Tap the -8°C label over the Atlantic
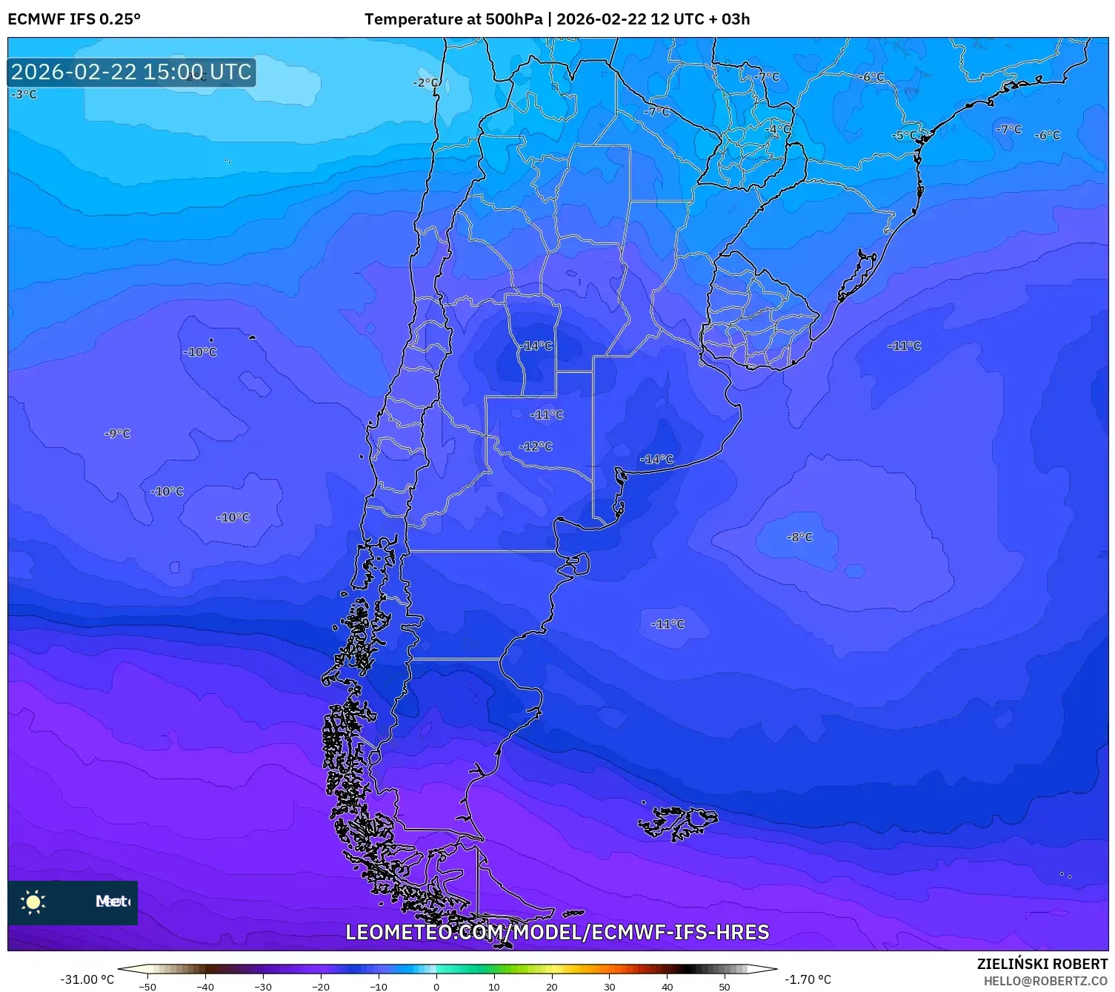click(x=799, y=537)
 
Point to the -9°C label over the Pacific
click(x=117, y=433)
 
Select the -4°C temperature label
click(x=778, y=129)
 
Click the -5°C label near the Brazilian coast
click(x=904, y=136)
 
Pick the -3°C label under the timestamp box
click(x=24, y=94)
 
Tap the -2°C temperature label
click(x=425, y=82)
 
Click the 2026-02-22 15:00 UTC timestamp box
click(x=131, y=72)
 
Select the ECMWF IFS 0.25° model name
click(x=74, y=19)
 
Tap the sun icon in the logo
click(x=33, y=902)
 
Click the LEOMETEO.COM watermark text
click(x=557, y=932)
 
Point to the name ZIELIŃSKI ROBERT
click(x=1042, y=964)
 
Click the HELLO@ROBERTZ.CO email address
click(x=1045, y=981)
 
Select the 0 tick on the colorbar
click(x=436, y=986)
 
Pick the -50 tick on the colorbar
click(x=147, y=986)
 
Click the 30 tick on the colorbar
click(x=609, y=986)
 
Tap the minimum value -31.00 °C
click(x=87, y=979)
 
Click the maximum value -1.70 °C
click(x=808, y=979)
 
